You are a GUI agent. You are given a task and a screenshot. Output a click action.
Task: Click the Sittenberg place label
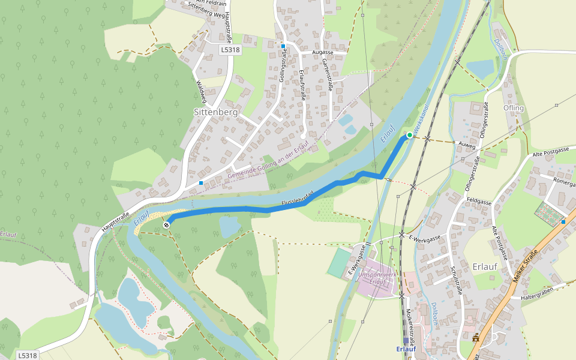tap(215, 112)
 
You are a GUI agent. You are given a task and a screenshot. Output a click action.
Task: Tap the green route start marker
tap(410, 135)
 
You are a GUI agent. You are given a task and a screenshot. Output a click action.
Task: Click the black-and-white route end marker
tap(166, 225)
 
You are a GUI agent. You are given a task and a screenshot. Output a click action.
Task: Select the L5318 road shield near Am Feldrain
tap(230, 50)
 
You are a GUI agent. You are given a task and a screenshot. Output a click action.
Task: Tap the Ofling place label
tap(514, 109)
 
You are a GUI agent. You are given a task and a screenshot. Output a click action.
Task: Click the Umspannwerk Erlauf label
tap(377, 278)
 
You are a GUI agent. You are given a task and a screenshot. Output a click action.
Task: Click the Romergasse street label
tap(563, 181)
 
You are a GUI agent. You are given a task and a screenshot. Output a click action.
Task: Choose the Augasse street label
tap(322, 53)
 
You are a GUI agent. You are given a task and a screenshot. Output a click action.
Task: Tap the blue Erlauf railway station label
tap(406, 349)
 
